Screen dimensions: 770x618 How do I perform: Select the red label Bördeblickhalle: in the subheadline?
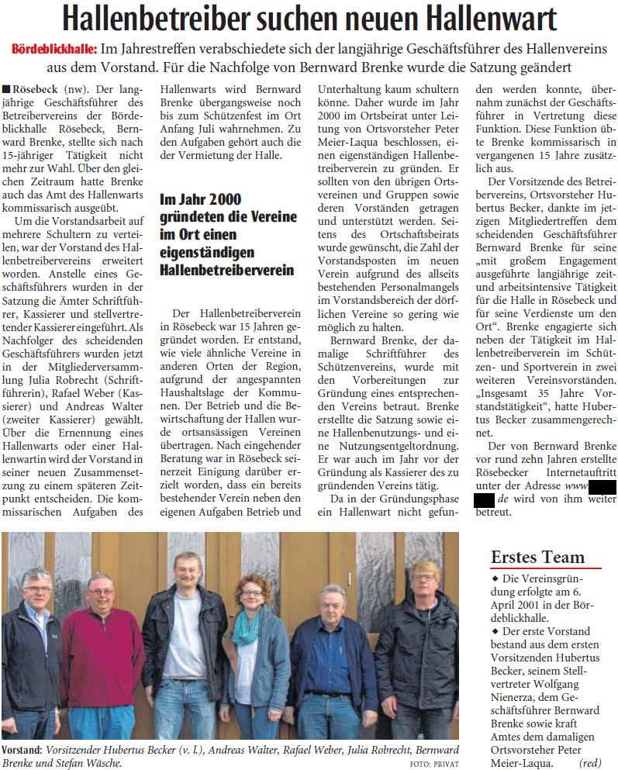click(54, 50)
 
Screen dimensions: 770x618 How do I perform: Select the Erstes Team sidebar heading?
click(537, 557)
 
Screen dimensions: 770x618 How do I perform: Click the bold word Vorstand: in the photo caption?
click(22, 750)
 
